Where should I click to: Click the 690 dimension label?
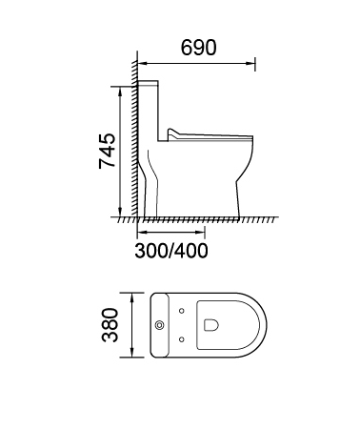click(199, 48)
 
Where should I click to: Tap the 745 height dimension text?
click(107, 152)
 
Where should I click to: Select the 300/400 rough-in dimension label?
click(171, 251)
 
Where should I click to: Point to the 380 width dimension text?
click(110, 325)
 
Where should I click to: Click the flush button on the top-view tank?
click(160, 325)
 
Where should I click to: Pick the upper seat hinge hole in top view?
click(182, 311)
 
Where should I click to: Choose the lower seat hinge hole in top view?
click(182, 339)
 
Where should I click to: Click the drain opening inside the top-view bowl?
click(211, 325)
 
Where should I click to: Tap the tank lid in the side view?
click(148, 84)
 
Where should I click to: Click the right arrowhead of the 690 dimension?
click(251, 64)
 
